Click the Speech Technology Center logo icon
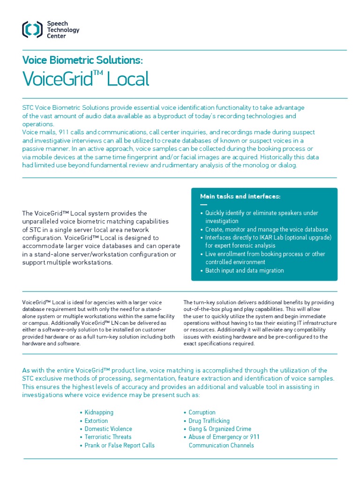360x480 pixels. pyautogui.click(x=32, y=30)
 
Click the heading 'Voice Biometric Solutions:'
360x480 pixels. pyautogui.click(x=82, y=60)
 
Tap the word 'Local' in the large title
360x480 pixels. pyautogui.click(x=128, y=80)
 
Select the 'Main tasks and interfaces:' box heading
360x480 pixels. pyautogui.click(x=240, y=196)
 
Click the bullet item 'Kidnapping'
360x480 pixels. pyautogui.click(x=99, y=412)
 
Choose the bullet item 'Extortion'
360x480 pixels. pyautogui.click(x=96, y=421)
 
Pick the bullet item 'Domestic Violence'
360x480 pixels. pyautogui.click(x=108, y=429)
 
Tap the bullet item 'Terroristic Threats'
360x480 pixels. pyautogui.click(x=108, y=437)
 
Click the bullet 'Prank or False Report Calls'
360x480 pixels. pyautogui.click(x=120, y=445)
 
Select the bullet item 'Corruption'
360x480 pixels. pyautogui.click(x=202, y=412)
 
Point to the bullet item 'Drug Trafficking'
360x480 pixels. pyautogui.click(x=209, y=421)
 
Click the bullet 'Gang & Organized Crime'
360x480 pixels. pyautogui.click(x=220, y=429)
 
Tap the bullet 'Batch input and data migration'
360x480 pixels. pyautogui.click(x=244, y=270)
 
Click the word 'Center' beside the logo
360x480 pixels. pyautogui.click(x=56, y=36)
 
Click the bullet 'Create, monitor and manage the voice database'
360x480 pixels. pyautogui.click(x=266, y=230)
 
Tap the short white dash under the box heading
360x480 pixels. pyautogui.click(x=203, y=205)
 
